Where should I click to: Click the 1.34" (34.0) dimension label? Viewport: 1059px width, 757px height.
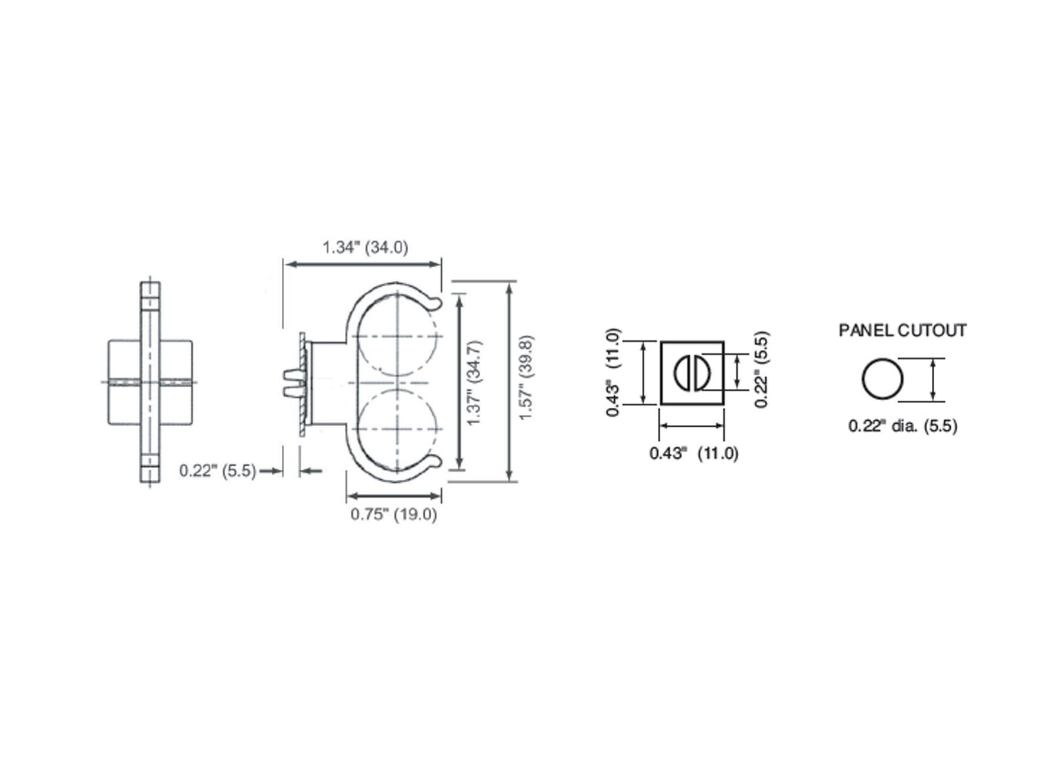click(x=365, y=247)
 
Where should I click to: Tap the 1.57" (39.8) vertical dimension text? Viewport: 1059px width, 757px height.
click(x=526, y=377)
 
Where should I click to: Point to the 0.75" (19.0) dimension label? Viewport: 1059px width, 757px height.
click(x=394, y=514)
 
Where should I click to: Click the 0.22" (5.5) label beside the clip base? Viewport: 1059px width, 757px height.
click(x=218, y=471)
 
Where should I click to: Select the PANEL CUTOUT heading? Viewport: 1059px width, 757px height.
click(x=902, y=330)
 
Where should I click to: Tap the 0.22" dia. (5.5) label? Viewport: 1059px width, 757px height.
click(x=903, y=426)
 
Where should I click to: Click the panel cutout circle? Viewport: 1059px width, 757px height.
click(x=883, y=379)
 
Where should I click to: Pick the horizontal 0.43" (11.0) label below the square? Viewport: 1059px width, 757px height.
click(x=693, y=453)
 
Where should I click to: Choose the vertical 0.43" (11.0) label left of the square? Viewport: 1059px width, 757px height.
click(x=613, y=373)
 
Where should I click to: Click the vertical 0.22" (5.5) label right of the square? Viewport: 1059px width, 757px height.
click(x=762, y=370)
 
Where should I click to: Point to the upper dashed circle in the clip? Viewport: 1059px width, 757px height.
click(x=398, y=336)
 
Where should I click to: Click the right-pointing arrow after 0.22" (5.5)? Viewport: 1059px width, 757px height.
click(x=271, y=471)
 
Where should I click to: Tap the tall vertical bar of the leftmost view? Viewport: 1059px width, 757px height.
click(x=150, y=383)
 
